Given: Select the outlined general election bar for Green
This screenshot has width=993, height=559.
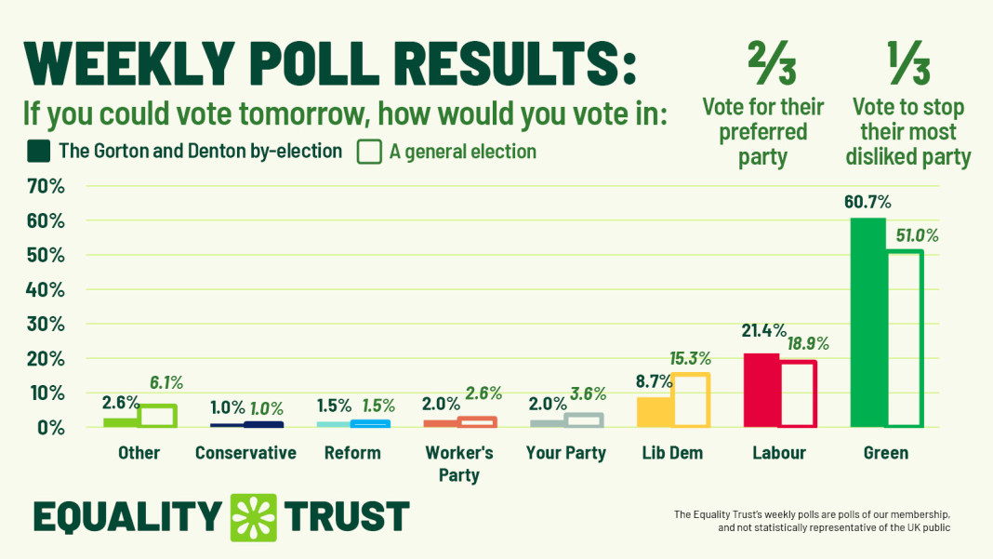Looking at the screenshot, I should tap(904, 339).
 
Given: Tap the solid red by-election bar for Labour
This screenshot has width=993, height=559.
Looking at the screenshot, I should tap(761, 390).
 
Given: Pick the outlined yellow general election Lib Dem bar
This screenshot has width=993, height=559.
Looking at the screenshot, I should tap(691, 400).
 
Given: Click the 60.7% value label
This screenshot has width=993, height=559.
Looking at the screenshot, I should tap(867, 202).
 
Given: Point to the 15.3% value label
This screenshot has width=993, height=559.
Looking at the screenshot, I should tap(690, 358).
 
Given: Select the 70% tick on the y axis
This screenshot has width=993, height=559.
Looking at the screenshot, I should tap(45, 187).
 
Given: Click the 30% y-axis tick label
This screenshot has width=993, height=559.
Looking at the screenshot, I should tap(45, 325).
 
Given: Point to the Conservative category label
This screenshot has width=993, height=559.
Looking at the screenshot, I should tap(245, 454).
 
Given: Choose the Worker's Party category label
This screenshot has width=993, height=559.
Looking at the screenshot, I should tap(459, 464).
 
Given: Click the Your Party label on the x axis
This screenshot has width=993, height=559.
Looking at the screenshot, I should tap(566, 454).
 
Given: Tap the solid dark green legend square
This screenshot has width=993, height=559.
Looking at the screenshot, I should tap(38, 152).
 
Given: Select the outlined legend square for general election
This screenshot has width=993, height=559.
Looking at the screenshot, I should tap(369, 152).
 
